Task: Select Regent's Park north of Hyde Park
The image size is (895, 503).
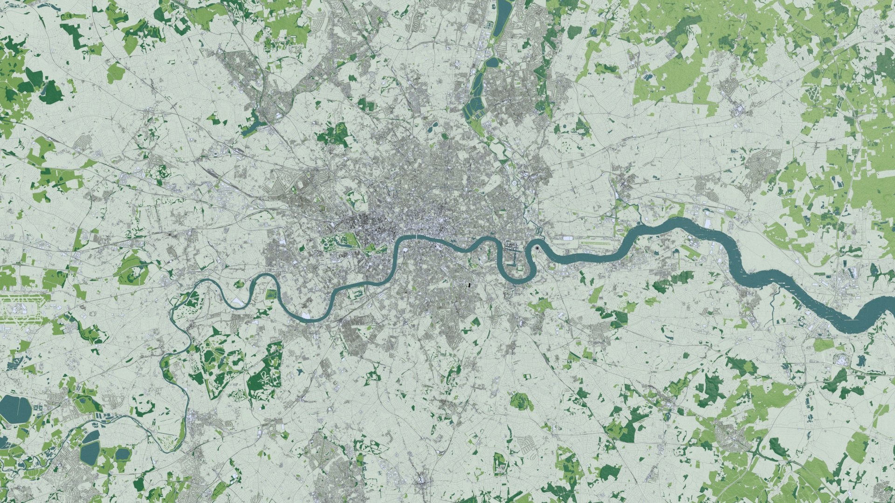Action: click(354, 198)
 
